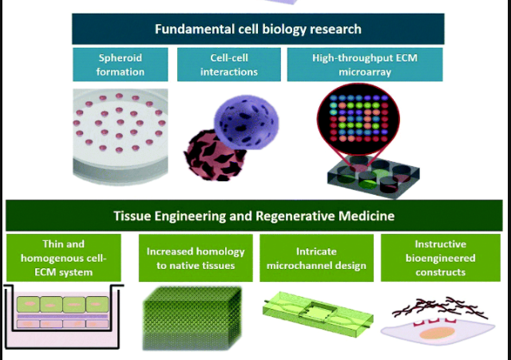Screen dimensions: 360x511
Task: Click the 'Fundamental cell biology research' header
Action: (257, 30)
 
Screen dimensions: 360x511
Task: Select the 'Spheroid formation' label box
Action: (121, 65)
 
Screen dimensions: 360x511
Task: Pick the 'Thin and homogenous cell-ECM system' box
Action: (63, 258)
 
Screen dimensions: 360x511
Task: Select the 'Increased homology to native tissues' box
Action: (195, 258)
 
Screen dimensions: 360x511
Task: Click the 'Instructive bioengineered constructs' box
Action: (440, 258)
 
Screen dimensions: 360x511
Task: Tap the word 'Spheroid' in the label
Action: (121, 58)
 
